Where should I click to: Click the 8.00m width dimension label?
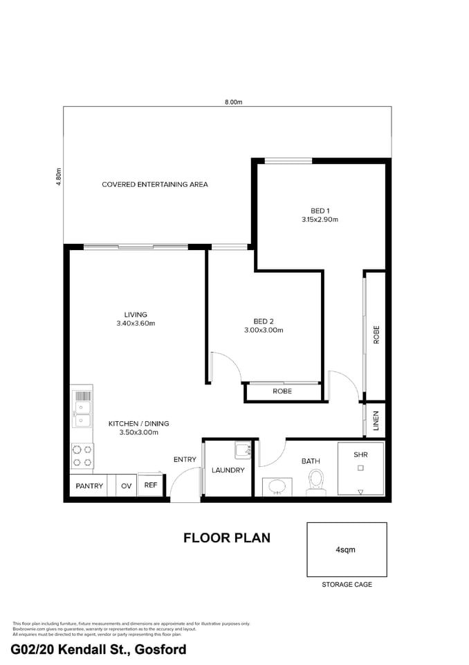click(234, 102)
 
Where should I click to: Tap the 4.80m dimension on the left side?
click(59, 177)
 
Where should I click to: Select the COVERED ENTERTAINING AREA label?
click(155, 185)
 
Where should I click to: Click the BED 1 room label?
click(320, 211)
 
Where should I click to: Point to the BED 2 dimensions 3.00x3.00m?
click(264, 330)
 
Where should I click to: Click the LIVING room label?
click(136, 314)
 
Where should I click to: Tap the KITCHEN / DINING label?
click(138, 423)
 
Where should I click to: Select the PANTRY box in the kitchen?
click(89, 486)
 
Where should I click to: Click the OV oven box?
click(126, 486)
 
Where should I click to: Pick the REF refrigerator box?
click(151, 486)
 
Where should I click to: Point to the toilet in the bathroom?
click(316, 481)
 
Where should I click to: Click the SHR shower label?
click(360, 455)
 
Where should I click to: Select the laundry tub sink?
click(243, 450)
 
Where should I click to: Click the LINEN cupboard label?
click(376, 420)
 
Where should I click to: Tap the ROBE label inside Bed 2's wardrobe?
click(282, 391)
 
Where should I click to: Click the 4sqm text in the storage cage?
click(346, 550)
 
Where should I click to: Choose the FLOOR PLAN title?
click(226, 538)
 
